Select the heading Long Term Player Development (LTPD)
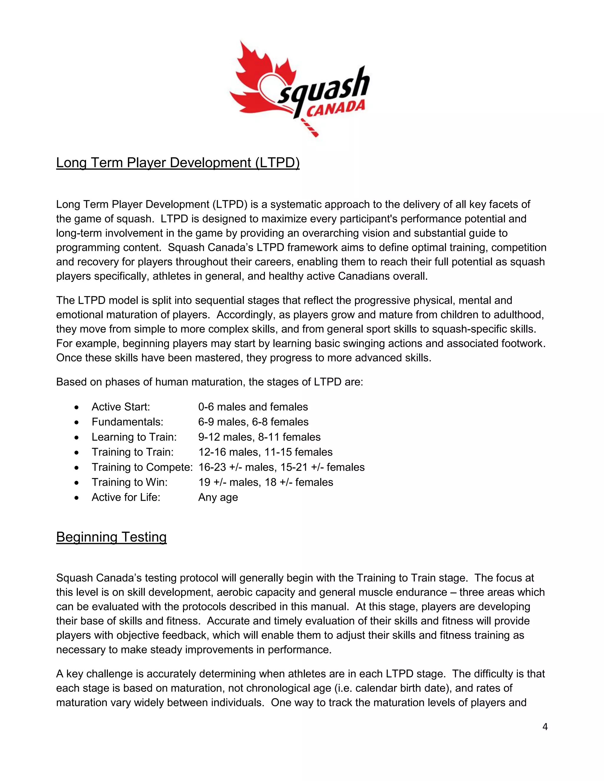click(x=178, y=163)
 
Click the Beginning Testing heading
click(x=111, y=537)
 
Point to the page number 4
click(x=545, y=727)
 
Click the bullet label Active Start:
click(x=121, y=407)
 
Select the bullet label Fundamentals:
click(x=127, y=422)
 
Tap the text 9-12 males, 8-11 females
click(x=260, y=437)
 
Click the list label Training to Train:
click(x=132, y=452)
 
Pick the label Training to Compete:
click(x=142, y=467)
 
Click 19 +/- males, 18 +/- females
click(x=265, y=482)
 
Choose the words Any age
click(x=218, y=497)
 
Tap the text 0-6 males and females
click(x=253, y=407)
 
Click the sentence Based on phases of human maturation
click(x=209, y=382)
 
